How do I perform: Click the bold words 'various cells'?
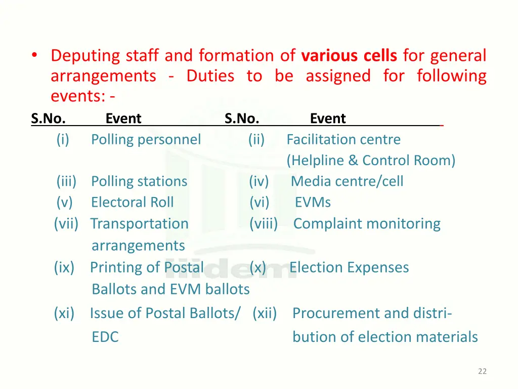[349, 55]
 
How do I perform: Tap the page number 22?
[482, 371]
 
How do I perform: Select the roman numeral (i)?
[63, 139]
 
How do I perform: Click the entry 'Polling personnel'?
[146, 139]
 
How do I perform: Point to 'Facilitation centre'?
[343, 139]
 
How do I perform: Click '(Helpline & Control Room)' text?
[371, 161]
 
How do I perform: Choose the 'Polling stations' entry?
[139, 181]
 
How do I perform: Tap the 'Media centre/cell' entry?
[347, 181]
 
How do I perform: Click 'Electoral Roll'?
[132, 202]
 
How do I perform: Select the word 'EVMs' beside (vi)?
[313, 203]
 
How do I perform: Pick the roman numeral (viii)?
[264, 223]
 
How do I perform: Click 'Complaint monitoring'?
[367, 223]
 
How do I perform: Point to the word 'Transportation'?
[139, 223]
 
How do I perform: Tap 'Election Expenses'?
[349, 267]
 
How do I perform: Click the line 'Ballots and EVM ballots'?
[170, 289]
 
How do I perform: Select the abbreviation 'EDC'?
[105, 337]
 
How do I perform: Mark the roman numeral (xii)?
[265, 314]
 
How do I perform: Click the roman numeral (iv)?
[258, 181]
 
